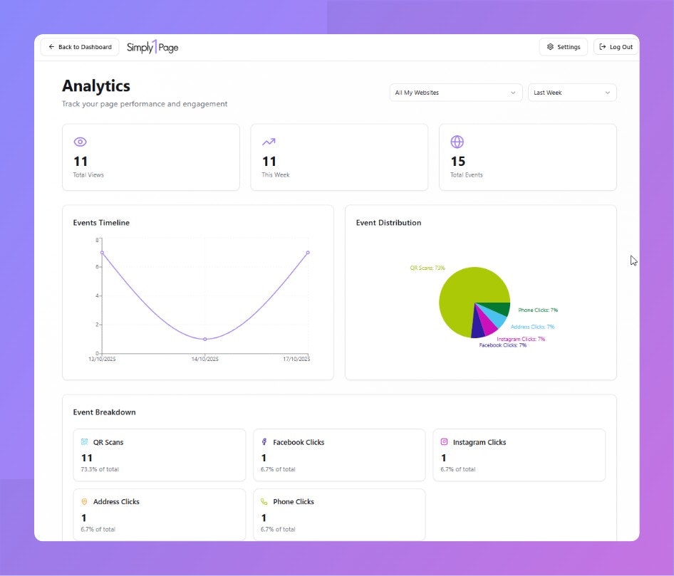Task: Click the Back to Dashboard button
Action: click(x=80, y=47)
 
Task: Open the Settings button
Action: click(x=563, y=47)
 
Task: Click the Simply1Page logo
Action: click(x=152, y=47)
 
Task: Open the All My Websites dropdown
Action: click(x=456, y=93)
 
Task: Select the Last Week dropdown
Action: click(x=572, y=93)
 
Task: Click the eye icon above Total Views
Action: click(x=80, y=142)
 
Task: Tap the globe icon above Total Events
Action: click(x=457, y=142)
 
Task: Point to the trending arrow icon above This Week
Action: click(x=269, y=142)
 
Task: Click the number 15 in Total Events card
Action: click(x=457, y=162)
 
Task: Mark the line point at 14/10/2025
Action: click(x=205, y=339)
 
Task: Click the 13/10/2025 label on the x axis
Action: click(x=102, y=359)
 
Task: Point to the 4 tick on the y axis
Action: click(x=97, y=295)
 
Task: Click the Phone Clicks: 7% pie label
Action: click(x=538, y=310)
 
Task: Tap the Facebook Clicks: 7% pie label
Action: click(x=503, y=345)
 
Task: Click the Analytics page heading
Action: click(x=96, y=86)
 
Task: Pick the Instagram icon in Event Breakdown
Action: click(x=444, y=442)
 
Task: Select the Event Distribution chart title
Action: click(x=388, y=223)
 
